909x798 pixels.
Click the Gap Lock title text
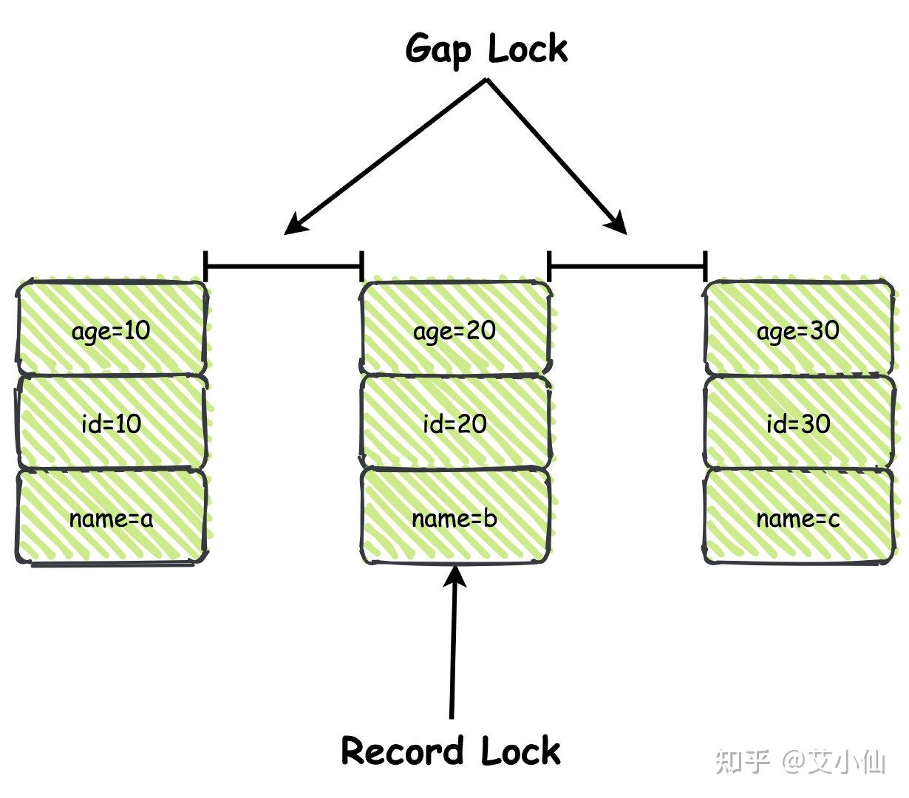[486, 50]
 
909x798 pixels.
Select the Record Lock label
[451, 751]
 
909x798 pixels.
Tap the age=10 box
[111, 330]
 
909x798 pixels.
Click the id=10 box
[111, 423]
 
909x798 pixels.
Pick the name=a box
[111, 518]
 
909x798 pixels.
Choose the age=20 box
[454, 330]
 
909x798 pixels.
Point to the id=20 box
[454, 423]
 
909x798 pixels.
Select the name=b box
[454, 518]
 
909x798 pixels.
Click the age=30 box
[798, 330]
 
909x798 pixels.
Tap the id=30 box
[798, 423]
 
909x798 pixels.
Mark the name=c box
[798, 518]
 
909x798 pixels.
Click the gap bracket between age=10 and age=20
[283, 265]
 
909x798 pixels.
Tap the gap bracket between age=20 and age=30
[627, 265]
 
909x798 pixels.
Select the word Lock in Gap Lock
[528, 50]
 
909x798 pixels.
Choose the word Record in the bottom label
[402, 751]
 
